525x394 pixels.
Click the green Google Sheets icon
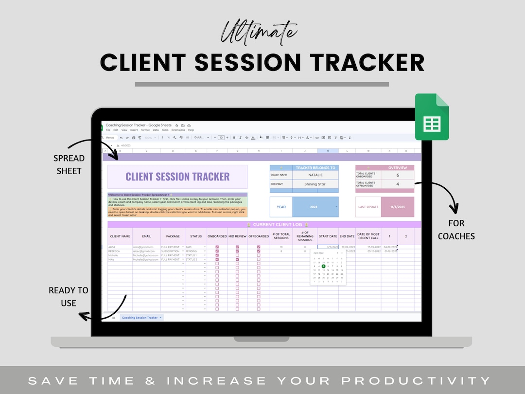(x=432, y=118)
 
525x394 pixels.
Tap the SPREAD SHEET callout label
(x=69, y=164)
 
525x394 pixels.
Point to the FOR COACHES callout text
(x=456, y=230)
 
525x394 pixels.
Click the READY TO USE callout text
(x=69, y=296)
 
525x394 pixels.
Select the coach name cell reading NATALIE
(x=315, y=175)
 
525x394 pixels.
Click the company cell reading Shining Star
(x=315, y=184)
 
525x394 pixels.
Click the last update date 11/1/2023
(x=398, y=207)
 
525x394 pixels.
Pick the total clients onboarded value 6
(x=397, y=175)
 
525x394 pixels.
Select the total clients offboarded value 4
(x=397, y=184)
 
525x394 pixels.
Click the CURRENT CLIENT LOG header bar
(x=264, y=225)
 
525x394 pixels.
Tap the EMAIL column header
(x=146, y=236)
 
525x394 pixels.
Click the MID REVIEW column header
(x=237, y=236)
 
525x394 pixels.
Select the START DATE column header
(x=328, y=236)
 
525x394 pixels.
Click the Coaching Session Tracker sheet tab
(x=140, y=318)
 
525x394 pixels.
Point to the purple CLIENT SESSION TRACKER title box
(x=177, y=177)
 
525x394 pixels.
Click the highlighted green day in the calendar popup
(x=323, y=266)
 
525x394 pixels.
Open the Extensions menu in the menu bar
(x=178, y=130)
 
